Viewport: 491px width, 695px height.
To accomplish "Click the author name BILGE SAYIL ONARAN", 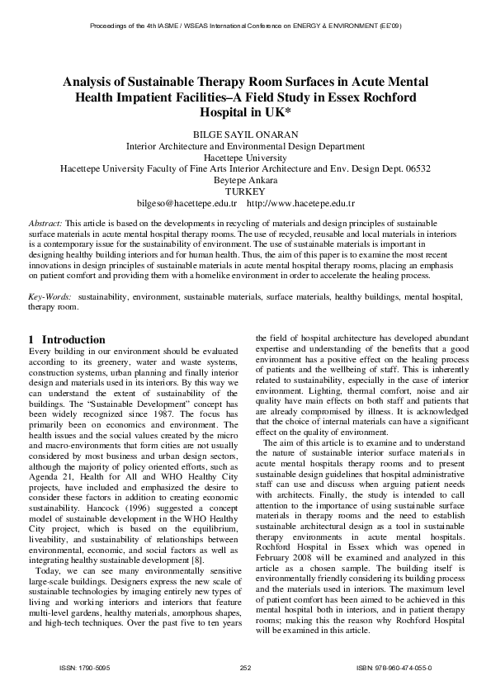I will pos(245,132).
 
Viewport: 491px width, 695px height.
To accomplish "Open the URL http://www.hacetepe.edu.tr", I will pos(301,203).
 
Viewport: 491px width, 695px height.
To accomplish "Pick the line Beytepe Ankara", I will pos(245,179).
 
